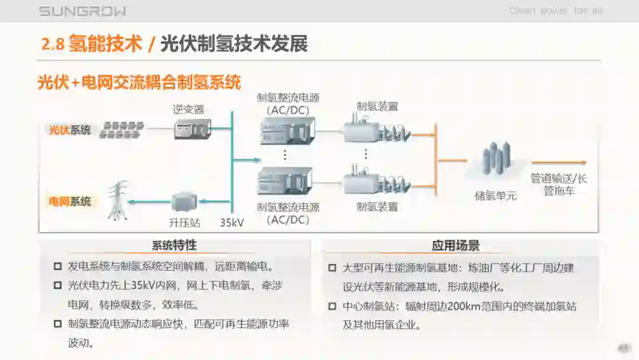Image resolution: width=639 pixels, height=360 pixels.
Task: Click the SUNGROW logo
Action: click(82, 11)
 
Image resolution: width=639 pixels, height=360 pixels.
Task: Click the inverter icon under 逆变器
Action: click(192, 128)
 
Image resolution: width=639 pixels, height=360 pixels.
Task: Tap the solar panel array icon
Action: click(122, 130)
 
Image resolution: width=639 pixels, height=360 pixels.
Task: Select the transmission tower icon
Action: click(118, 201)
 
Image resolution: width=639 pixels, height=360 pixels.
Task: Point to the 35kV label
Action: click(232, 223)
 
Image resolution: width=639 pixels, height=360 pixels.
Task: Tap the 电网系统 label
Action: click(70, 202)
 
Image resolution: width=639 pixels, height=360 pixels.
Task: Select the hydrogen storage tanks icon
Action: click(496, 159)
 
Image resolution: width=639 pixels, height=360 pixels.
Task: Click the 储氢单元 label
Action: click(496, 196)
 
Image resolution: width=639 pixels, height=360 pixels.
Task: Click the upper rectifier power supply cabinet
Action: click(287, 131)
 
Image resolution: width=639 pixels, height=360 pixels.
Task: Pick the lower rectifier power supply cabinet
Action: click(287, 181)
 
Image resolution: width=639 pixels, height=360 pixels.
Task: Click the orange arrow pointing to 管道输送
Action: click(559, 162)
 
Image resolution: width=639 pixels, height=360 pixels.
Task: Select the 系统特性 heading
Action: click(174, 245)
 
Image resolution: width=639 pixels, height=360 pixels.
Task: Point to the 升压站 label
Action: click(185, 223)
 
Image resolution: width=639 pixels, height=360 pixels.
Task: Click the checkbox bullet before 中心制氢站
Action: click(332, 307)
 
